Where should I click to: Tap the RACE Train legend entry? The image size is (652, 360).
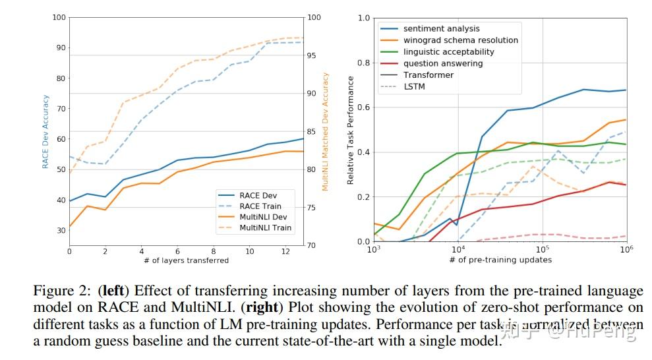click(x=260, y=206)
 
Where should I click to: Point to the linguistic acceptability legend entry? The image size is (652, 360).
click(x=449, y=51)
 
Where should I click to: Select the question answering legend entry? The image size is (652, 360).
click(x=443, y=63)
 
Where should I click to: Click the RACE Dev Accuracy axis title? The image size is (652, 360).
click(x=45, y=132)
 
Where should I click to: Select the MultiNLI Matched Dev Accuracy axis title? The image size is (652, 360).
click(x=325, y=132)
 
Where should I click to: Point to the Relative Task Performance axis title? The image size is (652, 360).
click(x=351, y=130)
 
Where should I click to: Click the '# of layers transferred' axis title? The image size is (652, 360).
click(x=186, y=260)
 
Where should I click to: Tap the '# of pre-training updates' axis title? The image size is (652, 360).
click(x=500, y=260)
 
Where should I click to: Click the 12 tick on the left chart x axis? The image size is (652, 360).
click(x=285, y=251)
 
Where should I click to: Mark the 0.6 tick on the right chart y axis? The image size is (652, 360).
click(x=364, y=107)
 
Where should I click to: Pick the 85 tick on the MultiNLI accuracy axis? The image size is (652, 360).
click(x=312, y=131)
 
